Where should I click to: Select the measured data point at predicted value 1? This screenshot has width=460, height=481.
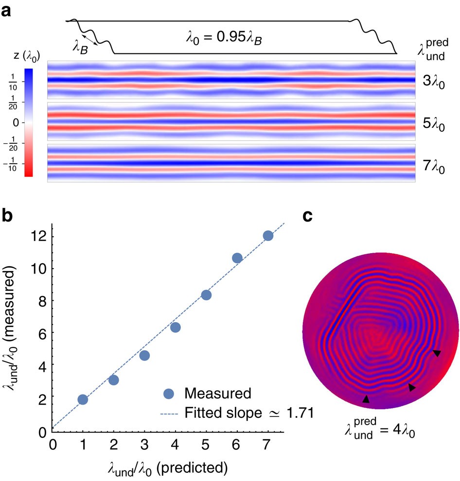pyautogui.click(x=83, y=399)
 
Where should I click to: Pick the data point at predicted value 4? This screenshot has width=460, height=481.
pyautogui.click(x=175, y=327)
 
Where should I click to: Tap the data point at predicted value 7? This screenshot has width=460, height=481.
pyautogui.click(x=268, y=236)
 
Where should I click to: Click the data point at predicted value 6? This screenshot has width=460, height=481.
pyautogui.click(x=237, y=258)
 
